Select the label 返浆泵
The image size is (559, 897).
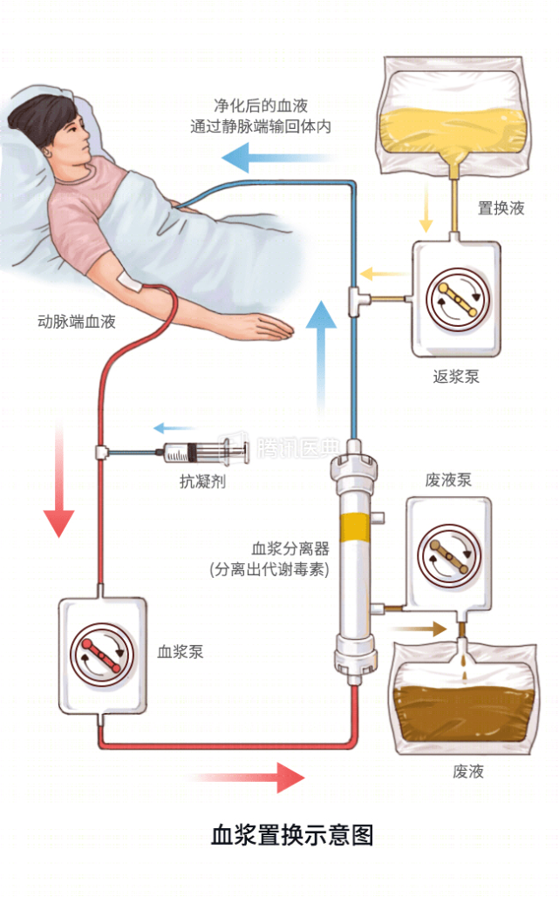point(456,377)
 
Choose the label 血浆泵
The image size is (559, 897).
point(181,651)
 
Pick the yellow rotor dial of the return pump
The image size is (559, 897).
point(458,299)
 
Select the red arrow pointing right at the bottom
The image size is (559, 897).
point(254,776)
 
